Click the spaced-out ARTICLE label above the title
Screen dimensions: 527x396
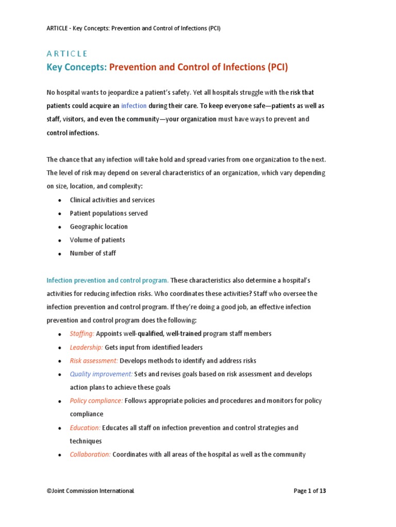[x=67, y=54]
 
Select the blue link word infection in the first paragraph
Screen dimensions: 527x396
[x=134, y=106]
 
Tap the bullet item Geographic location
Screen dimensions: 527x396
[x=99, y=226]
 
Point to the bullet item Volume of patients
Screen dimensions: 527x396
[x=97, y=240]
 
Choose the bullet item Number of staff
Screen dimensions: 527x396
[x=93, y=253]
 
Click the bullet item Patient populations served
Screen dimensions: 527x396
[x=109, y=213]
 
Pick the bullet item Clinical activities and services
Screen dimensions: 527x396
[x=112, y=200]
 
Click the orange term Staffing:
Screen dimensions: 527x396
[x=82, y=333]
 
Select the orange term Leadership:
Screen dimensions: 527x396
[x=87, y=347]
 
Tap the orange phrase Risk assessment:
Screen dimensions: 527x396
[x=94, y=360]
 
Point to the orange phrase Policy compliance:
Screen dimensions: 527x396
[x=96, y=400]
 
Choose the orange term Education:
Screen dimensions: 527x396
[x=85, y=428]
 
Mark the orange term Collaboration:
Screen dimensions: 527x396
[x=90, y=454]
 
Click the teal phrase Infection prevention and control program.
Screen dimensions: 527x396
[x=107, y=280]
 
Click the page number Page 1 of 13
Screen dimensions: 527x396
[x=310, y=491]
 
